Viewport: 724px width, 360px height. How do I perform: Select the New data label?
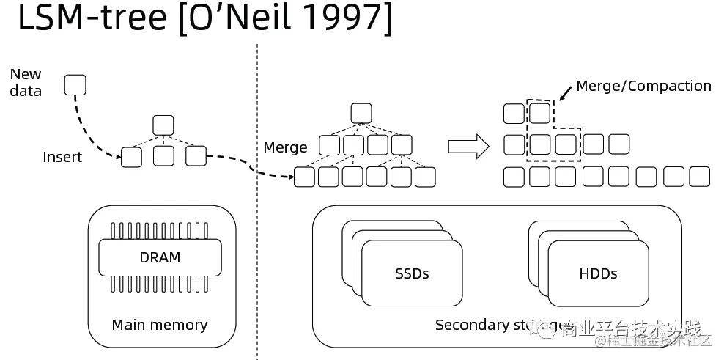coord(26,82)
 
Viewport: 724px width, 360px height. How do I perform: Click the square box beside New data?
coord(75,85)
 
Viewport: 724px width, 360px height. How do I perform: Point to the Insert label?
coord(62,157)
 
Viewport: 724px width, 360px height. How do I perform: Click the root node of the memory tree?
coord(163,125)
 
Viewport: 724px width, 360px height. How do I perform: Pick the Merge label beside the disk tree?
coord(285,147)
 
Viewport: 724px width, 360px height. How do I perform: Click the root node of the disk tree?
coord(361,113)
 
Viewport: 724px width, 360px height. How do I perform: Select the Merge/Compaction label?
coord(643,86)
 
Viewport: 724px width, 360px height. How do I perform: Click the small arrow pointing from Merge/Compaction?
coord(565,93)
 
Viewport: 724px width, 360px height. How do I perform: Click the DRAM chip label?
coord(160,257)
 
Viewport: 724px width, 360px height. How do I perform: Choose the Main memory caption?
coord(160,325)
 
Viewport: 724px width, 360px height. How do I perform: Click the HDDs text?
coord(598,273)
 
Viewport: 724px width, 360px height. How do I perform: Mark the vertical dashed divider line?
coord(257,220)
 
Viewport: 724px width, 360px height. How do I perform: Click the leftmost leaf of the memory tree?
coord(131,156)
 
